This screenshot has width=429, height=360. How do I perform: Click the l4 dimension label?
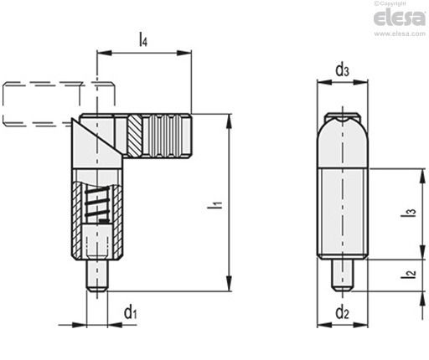(143, 39)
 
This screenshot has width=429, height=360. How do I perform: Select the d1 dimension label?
(131, 312)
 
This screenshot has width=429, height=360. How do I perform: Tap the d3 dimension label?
(342, 69)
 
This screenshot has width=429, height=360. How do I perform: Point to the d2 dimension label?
(342, 312)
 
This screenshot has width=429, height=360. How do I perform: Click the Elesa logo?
(400, 18)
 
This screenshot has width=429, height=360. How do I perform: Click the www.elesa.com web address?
(400, 33)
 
